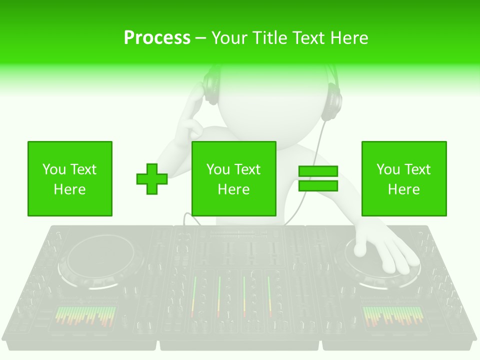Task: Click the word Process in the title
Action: click(157, 38)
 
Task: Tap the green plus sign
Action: click(152, 179)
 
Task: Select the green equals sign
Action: click(318, 179)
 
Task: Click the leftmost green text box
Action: click(70, 178)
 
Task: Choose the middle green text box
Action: click(234, 178)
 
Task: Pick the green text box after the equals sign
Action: click(404, 178)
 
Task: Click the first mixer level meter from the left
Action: click(194, 295)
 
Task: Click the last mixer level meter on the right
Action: click(269, 295)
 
